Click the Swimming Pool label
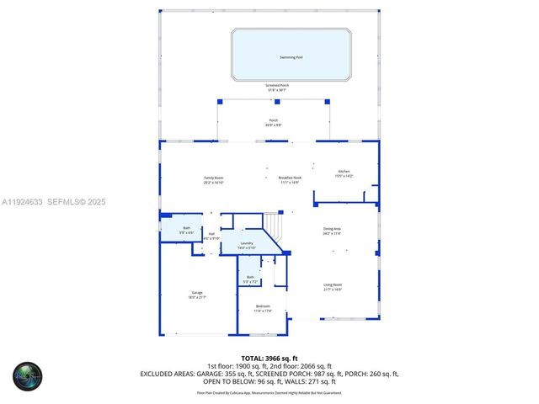click(x=291, y=57)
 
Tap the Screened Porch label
click(x=270, y=85)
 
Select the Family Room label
click(x=213, y=178)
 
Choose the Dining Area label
click(x=333, y=229)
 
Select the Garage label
click(x=197, y=293)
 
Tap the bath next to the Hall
click(x=186, y=228)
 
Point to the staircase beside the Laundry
click(x=274, y=225)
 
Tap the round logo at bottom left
click(x=27, y=375)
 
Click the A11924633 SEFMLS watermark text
click(x=53, y=201)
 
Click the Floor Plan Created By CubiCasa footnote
click(x=269, y=392)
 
